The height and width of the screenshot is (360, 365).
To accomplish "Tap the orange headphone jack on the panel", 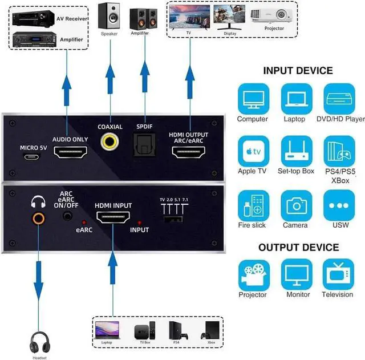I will click(39, 217).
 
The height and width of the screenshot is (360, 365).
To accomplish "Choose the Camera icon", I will click(296, 205).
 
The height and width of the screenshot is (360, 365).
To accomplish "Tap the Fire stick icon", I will click(252, 205).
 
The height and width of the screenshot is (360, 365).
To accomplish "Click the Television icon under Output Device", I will click(338, 274).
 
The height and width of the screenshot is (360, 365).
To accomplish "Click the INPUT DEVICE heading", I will click(298, 71).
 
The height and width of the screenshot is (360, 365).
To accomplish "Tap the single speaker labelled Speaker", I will click(109, 15).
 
